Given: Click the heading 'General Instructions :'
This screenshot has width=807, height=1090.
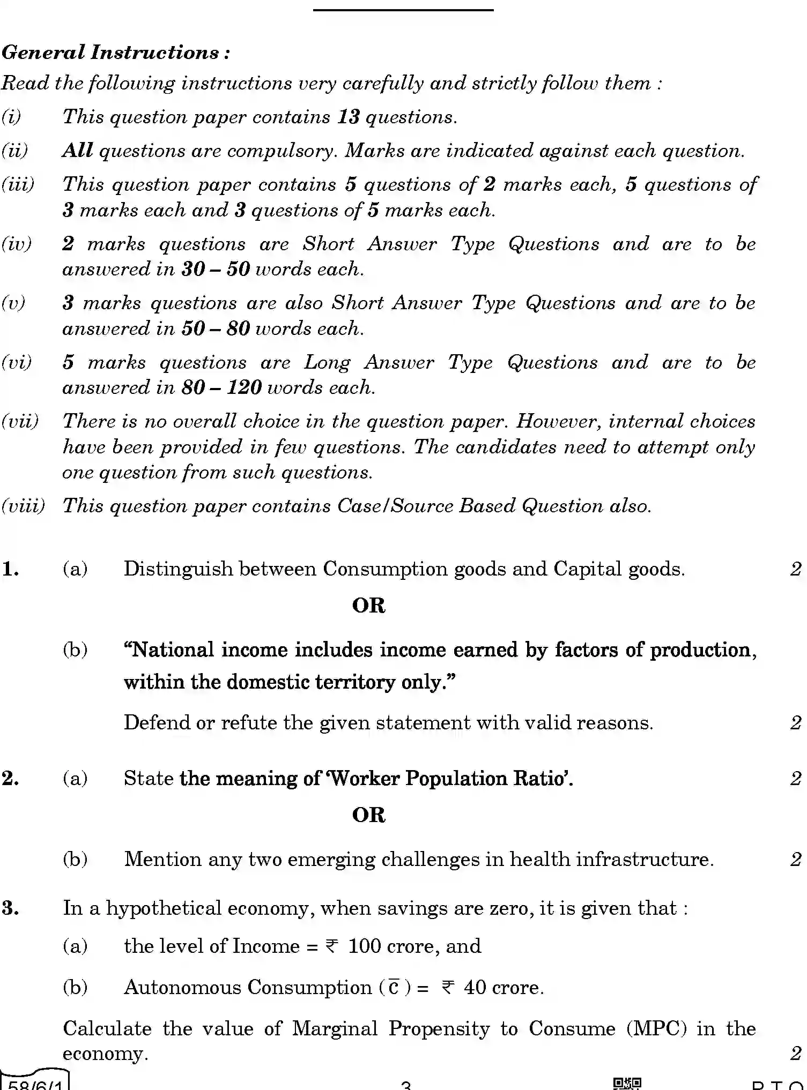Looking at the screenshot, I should click(116, 53).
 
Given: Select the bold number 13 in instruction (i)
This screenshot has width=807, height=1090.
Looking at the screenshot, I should click(348, 117).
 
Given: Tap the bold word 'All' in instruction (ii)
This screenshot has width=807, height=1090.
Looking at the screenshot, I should click(77, 151).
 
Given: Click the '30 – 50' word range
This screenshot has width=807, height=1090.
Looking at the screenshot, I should click(216, 269).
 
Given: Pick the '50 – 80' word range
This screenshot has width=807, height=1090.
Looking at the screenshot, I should click(216, 329).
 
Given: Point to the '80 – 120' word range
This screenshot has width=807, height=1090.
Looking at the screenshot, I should click(221, 387).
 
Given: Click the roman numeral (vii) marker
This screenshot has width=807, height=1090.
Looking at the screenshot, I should click(20, 421).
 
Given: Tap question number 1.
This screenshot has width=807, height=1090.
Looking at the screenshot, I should click(11, 569).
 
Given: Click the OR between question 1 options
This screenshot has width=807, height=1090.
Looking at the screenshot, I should click(368, 606).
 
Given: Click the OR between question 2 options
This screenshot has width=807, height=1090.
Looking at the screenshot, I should click(368, 815).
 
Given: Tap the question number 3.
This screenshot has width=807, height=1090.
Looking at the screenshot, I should click(11, 908).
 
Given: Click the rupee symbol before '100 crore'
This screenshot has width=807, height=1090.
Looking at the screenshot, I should click(332, 947).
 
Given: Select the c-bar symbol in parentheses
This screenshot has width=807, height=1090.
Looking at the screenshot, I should click(394, 987).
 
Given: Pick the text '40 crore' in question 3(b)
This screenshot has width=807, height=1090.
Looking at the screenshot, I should click(503, 987).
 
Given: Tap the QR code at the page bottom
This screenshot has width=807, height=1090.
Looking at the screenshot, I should click(627, 1084).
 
